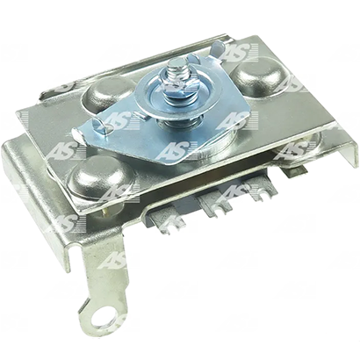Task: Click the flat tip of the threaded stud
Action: (x=176, y=61)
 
